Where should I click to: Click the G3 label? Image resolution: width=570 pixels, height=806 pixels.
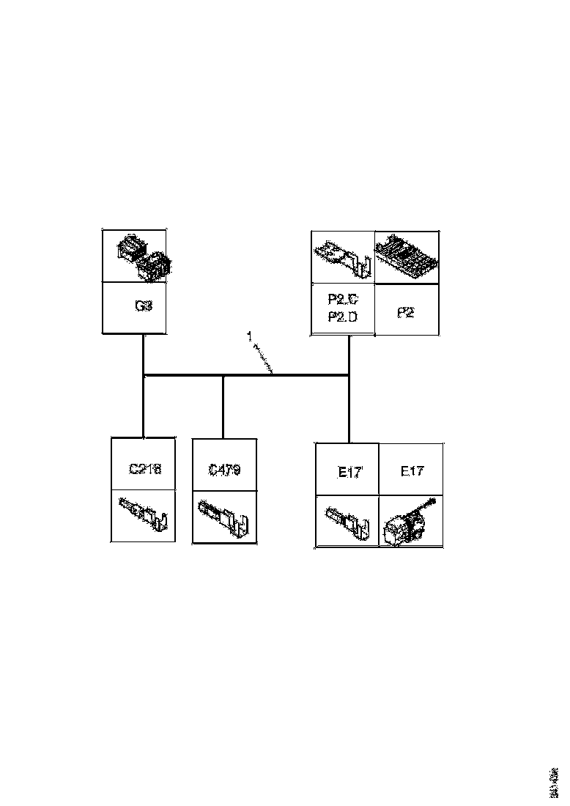click(x=144, y=306)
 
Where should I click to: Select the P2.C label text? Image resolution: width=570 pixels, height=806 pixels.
click(x=343, y=299)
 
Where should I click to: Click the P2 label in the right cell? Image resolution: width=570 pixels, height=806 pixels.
click(x=407, y=313)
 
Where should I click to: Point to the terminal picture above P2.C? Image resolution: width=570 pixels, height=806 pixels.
click(x=343, y=258)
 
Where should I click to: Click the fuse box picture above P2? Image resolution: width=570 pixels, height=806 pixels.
click(x=407, y=257)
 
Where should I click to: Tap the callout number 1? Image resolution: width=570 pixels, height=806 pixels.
click(x=249, y=336)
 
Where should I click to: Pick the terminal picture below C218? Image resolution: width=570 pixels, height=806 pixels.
click(x=144, y=514)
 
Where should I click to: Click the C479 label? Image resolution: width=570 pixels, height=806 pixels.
click(x=224, y=470)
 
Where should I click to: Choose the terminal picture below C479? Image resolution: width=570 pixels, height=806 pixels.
click(x=224, y=516)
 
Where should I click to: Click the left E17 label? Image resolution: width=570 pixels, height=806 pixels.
click(x=349, y=473)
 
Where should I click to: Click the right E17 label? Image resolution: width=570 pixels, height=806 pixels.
click(x=412, y=471)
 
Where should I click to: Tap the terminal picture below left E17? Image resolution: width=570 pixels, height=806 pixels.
click(x=347, y=521)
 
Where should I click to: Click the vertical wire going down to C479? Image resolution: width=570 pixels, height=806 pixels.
click(x=223, y=407)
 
